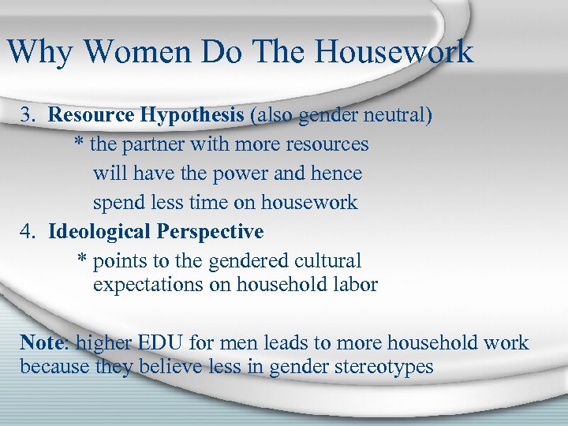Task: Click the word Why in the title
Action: point(39,52)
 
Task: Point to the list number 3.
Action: point(28,115)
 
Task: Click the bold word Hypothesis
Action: point(192,115)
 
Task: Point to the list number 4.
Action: point(28,232)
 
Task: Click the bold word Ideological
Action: point(99,232)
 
